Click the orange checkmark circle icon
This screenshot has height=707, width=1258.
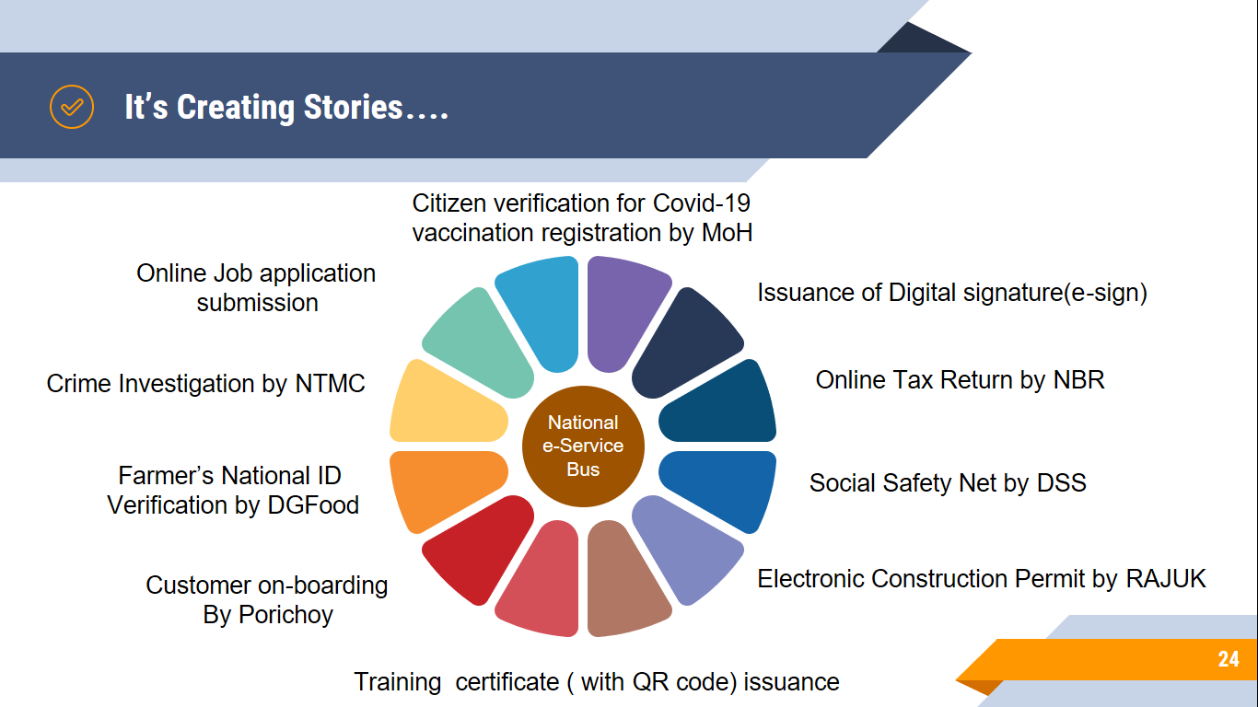click(71, 107)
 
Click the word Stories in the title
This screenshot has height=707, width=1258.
click(354, 107)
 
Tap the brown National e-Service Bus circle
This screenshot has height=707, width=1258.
click(583, 446)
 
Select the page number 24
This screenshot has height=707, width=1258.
click(1229, 659)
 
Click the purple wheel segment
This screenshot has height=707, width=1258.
click(623, 309)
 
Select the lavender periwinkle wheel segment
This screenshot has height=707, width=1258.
click(684, 550)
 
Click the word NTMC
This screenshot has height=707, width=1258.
click(331, 384)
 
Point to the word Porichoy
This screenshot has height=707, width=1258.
click(285, 615)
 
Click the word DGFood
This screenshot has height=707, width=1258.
click(313, 504)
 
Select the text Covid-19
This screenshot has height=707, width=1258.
click(702, 203)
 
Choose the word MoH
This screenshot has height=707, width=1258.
click(728, 233)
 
